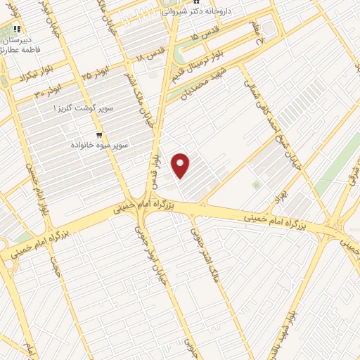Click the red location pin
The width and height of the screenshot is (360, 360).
coord(181,165)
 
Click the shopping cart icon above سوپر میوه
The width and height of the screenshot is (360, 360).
coord(99,133)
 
